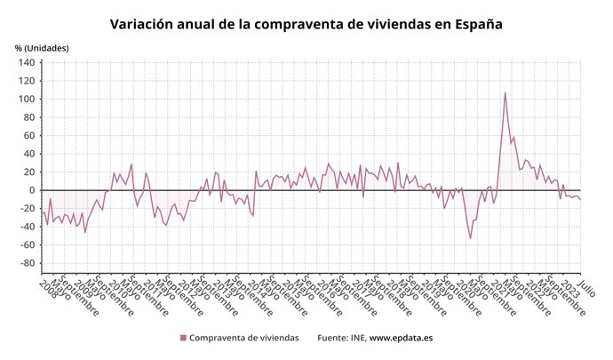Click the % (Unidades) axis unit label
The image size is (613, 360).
pos(41,47)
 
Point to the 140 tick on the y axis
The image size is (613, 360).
pos(26,63)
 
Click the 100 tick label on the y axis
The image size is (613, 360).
pos(26,100)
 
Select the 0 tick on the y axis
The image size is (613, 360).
pos(31,190)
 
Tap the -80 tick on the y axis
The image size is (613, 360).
pos(26,263)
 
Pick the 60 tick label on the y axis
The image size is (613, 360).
pos(28,136)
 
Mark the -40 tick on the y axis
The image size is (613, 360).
pos(26,227)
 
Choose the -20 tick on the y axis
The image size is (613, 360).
pos(26,209)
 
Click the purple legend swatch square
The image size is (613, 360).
pos(184,338)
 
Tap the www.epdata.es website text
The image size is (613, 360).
pos(402,338)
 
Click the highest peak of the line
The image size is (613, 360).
pos(506,92)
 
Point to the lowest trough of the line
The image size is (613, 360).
pos(470,238)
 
